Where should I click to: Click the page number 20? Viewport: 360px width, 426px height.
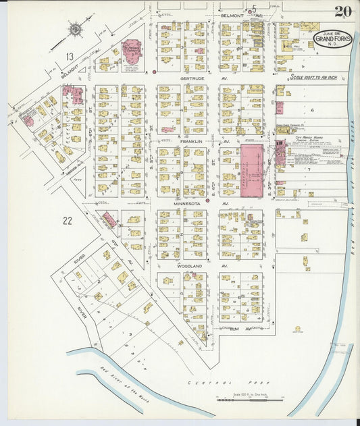[x=342, y=11]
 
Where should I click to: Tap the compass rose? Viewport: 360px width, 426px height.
[x=75, y=29]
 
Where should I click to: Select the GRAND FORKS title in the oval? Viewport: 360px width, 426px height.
[x=332, y=41]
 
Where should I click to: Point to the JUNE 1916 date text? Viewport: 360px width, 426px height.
[x=332, y=33]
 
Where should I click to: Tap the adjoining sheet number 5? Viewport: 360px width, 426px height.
[x=254, y=9]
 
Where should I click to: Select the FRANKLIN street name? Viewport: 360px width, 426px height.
[x=191, y=141]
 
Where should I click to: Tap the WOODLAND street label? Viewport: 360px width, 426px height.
[x=190, y=267]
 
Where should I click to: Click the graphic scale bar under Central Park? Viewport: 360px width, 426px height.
[x=251, y=400]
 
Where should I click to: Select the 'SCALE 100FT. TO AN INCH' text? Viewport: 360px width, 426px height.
[x=316, y=76]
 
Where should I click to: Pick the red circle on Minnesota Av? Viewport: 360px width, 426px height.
[x=207, y=200]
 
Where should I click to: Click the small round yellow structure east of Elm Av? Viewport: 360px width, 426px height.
[x=297, y=329]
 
